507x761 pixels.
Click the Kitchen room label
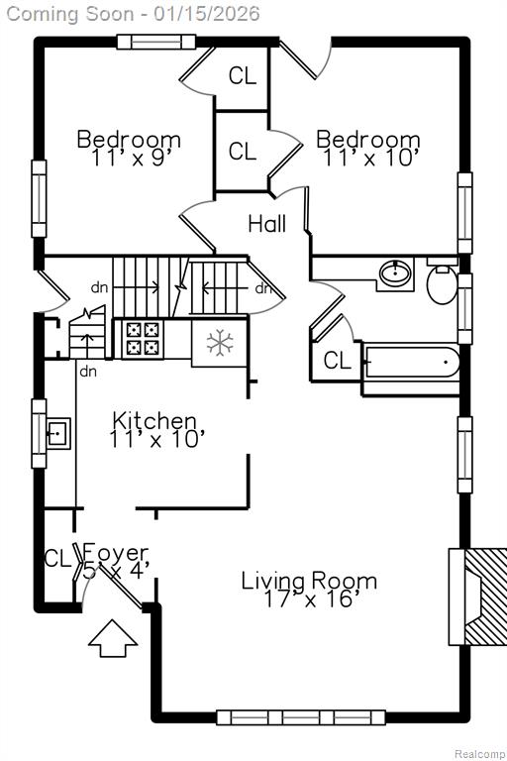[x=154, y=421]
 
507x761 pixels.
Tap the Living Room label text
[x=309, y=581]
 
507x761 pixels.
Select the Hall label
[x=266, y=224]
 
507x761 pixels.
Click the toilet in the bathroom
[x=442, y=281]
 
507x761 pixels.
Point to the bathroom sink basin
[x=395, y=274]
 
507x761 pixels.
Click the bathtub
[x=411, y=362]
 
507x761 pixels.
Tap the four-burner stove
[x=143, y=338]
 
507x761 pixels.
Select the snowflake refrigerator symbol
[x=220, y=342]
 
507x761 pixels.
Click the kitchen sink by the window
[x=58, y=433]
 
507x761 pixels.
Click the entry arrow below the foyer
[x=113, y=638]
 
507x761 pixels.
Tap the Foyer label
[x=116, y=552]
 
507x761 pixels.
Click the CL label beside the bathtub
[x=338, y=361]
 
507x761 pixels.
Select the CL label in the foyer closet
[x=57, y=558]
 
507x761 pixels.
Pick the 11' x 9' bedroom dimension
[x=129, y=159]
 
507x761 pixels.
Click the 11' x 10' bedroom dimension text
[x=368, y=159]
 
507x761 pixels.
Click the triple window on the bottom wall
[x=301, y=717]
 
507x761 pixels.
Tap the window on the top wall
[x=156, y=43]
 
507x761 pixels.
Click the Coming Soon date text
[x=134, y=13]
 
